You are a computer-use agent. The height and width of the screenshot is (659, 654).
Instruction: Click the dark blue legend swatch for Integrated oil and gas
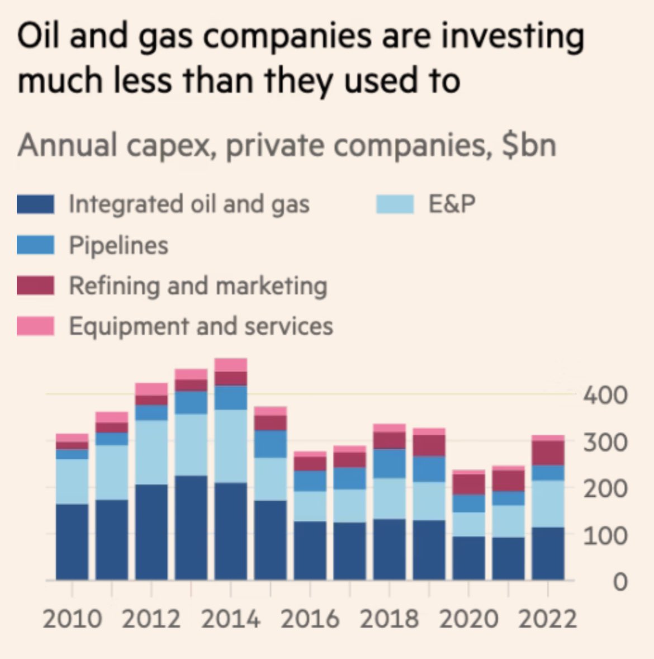coord(35,204)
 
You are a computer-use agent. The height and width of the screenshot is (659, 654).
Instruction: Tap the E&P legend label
coord(452,204)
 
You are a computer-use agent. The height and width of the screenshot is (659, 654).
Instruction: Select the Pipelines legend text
coord(118,245)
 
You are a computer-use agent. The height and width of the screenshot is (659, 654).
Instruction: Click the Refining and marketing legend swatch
coord(35,285)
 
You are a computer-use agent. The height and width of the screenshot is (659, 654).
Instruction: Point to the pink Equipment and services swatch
coord(35,326)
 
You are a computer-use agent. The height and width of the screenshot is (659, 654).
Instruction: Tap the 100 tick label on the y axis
coord(605,536)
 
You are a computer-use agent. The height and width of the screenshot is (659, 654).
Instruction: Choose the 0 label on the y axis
coord(619,582)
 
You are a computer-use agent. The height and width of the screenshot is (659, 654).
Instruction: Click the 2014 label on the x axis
coord(230,619)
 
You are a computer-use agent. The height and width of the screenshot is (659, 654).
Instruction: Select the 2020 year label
coord(468,619)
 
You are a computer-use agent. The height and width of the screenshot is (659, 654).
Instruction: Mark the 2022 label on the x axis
coord(547,619)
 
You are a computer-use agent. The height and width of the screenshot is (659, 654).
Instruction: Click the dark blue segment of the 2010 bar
coord(72,542)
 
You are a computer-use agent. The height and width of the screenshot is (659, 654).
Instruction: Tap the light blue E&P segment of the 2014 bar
coord(231,446)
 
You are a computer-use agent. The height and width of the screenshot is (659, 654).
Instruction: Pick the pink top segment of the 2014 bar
coord(231,365)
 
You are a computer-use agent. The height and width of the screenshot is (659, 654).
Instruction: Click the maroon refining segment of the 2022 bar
coord(548,453)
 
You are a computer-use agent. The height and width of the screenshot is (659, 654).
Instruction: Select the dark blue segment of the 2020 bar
coord(468,558)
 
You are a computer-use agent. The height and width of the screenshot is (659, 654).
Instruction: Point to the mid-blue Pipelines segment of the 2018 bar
coord(389,463)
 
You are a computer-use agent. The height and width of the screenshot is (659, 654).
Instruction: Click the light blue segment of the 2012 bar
coord(151,452)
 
